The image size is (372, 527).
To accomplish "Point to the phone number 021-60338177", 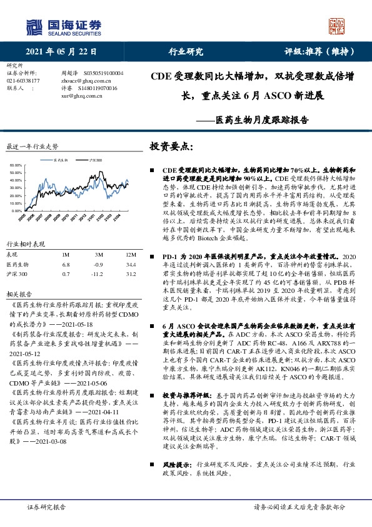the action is pos(23,81).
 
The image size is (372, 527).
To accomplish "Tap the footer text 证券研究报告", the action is pos(46,507).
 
